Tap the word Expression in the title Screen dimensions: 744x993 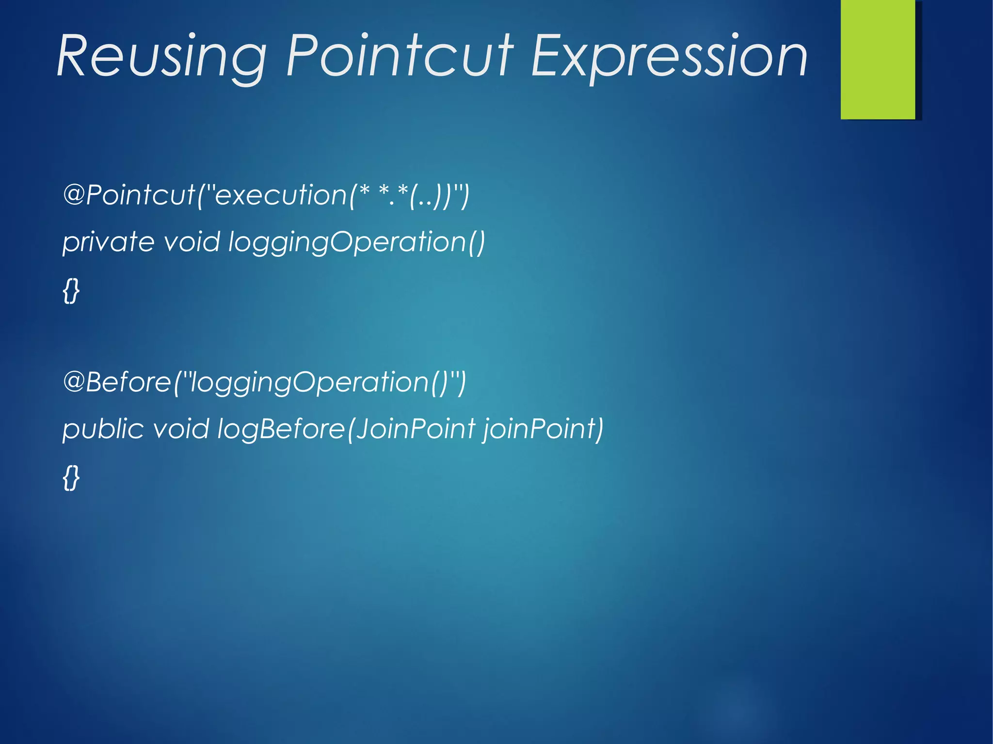click(x=669, y=57)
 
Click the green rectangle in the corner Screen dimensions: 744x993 click(x=878, y=59)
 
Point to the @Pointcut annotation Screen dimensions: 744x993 click(x=129, y=195)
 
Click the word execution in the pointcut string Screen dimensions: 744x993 click(x=281, y=195)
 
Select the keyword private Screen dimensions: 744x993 click(x=108, y=242)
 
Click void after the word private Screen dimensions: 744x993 click(x=192, y=242)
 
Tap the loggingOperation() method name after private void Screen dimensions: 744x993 click(x=356, y=242)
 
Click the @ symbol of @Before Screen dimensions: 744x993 click(x=74, y=382)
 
